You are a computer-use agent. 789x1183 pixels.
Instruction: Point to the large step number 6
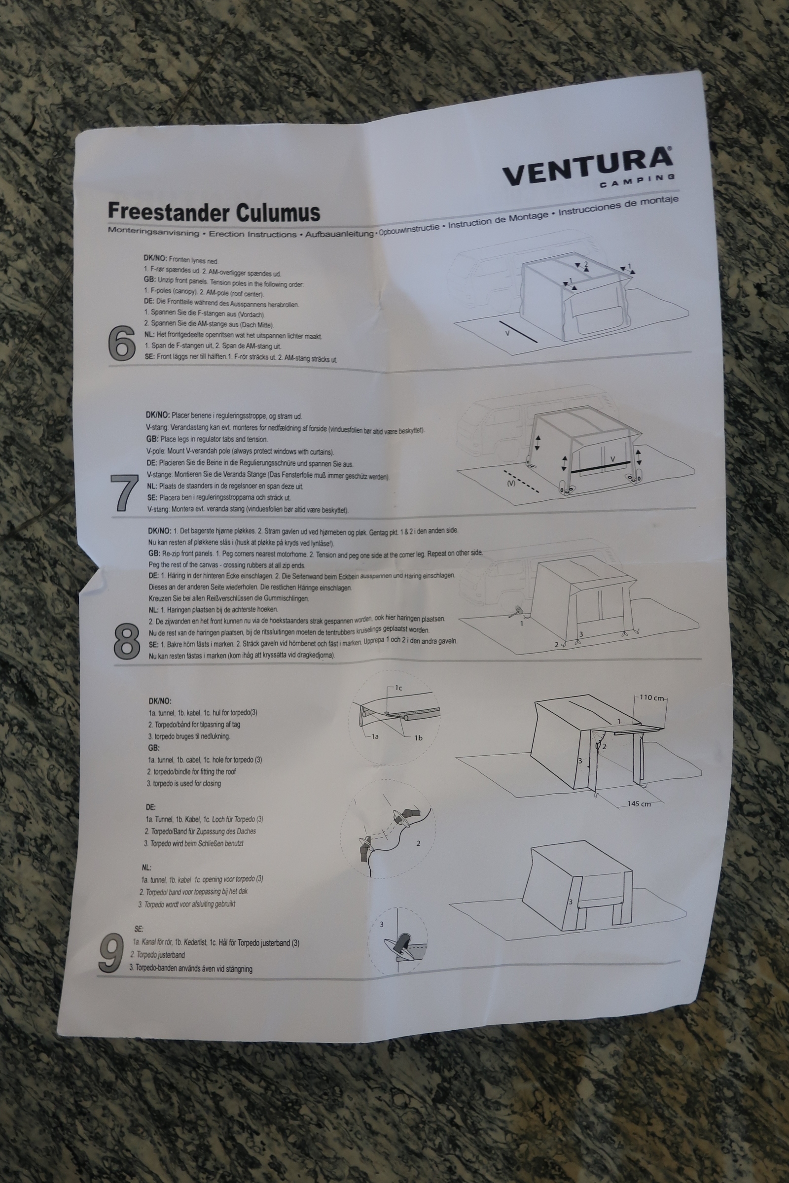coord(122,343)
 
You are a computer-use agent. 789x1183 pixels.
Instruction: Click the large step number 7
coord(124,493)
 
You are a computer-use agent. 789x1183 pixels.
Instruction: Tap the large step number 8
coord(127,641)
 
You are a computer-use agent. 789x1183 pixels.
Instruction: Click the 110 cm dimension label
coord(651,697)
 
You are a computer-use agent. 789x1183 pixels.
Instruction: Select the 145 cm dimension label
coord(639,804)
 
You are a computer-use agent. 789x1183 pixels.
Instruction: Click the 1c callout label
coord(398,688)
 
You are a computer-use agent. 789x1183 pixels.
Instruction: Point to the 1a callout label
coord(375,736)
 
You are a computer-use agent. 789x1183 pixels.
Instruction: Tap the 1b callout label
coord(418,738)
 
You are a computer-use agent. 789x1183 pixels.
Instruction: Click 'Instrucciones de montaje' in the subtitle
coord(618,206)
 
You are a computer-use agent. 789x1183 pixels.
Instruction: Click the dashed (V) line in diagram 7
coord(522,482)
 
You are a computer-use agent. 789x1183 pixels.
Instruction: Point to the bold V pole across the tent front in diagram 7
coord(600,467)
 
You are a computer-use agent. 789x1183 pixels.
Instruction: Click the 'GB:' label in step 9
coord(154,748)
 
